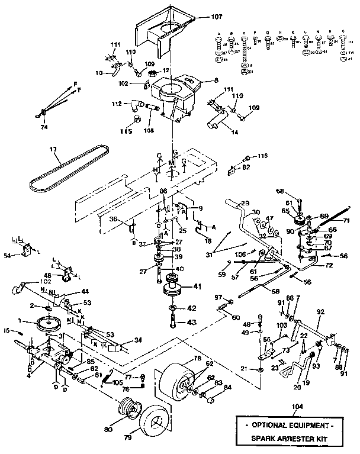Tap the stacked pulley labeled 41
(173, 289)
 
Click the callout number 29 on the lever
(246, 204)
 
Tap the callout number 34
(139, 340)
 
